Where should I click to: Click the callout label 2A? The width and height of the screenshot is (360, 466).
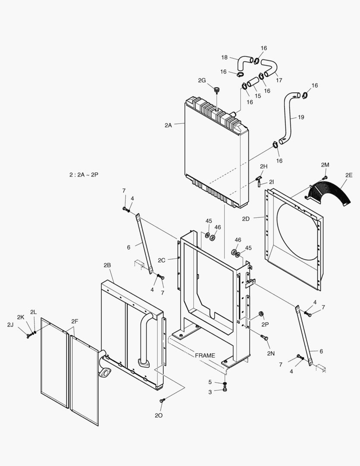click(x=168, y=125)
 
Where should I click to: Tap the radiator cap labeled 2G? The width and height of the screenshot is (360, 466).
click(x=216, y=90)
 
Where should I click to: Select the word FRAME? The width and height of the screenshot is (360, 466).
click(x=205, y=356)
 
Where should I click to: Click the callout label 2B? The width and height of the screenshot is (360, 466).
click(x=107, y=264)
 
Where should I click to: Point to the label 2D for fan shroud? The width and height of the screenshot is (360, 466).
click(x=246, y=219)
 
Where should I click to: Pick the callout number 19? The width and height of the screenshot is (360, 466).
click(x=301, y=117)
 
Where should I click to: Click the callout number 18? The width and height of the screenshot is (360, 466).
click(x=225, y=57)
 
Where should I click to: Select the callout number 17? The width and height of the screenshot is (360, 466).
click(x=279, y=80)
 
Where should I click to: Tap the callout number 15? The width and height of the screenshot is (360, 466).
click(x=257, y=96)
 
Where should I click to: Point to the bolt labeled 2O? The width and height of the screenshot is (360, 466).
click(x=162, y=401)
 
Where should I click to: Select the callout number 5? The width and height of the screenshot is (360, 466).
click(x=210, y=382)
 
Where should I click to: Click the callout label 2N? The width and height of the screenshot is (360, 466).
click(x=270, y=353)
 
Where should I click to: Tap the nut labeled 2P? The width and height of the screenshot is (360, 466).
click(x=261, y=314)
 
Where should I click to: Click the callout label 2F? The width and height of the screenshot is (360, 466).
click(x=75, y=321)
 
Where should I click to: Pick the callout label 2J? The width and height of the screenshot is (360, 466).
click(x=10, y=324)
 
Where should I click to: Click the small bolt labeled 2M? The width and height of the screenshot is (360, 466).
click(x=325, y=177)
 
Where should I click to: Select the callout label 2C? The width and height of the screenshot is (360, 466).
click(x=162, y=260)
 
